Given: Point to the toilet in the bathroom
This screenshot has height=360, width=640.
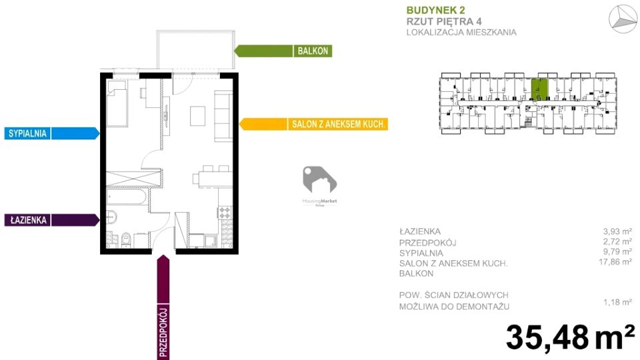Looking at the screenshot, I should point(125,238).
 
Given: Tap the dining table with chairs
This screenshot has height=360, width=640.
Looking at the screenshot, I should point(208,178).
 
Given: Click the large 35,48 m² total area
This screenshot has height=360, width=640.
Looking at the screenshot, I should point(570,337).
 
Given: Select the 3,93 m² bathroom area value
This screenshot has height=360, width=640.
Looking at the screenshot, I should point(617,232).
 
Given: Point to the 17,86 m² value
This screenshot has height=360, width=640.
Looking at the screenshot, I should point(617,263).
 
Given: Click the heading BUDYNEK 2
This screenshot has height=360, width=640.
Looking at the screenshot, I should point(435,9).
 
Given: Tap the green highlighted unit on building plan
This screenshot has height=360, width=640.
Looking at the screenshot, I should point(539,89).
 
